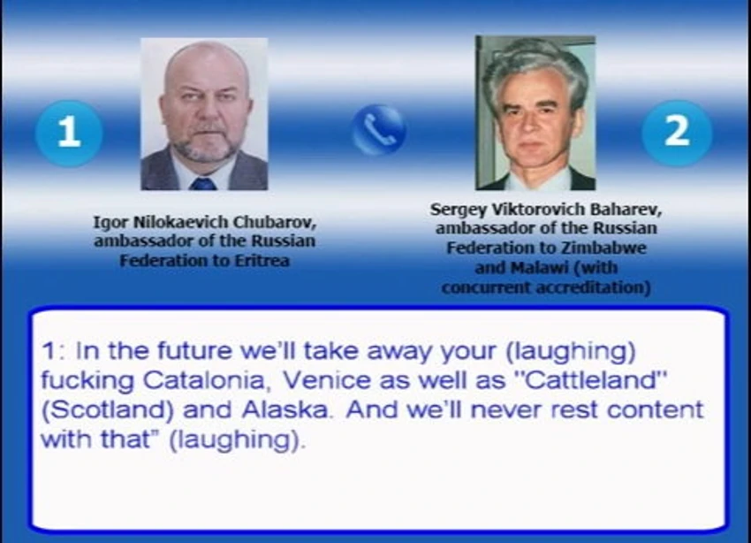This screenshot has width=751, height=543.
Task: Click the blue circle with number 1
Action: (x=69, y=133)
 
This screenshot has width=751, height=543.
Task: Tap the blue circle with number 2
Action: (x=676, y=133)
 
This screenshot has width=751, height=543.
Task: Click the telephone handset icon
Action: (x=379, y=130)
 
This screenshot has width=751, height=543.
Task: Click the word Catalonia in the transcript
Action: (x=204, y=380)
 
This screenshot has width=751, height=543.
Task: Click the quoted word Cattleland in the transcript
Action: (x=590, y=380)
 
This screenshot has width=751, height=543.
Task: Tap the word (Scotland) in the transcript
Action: (x=108, y=410)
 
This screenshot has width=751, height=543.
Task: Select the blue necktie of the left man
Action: (x=202, y=184)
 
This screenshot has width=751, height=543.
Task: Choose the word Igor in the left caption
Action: (x=110, y=223)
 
